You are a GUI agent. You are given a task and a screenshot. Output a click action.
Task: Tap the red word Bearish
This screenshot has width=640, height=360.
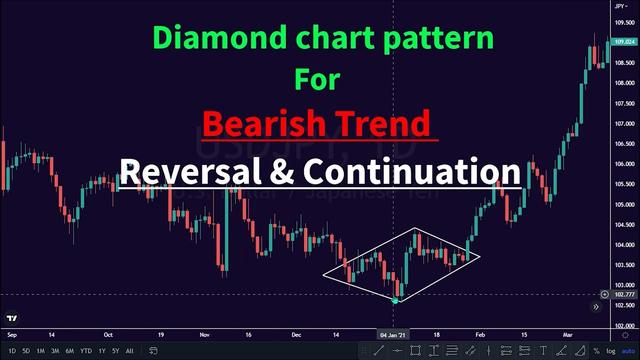pyautogui.click(x=263, y=124)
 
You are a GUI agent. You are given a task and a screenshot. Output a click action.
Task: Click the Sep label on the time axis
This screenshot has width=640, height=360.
pyautogui.click(x=12, y=336)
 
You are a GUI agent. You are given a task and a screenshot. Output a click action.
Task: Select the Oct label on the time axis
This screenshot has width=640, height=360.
pyautogui.click(x=108, y=336)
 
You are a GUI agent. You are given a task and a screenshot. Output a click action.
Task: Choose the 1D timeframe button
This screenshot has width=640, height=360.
pyautogui.click(x=12, y=351)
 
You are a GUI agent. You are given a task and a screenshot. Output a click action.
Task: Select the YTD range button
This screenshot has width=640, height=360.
pyautogui.click(x=86, y=351)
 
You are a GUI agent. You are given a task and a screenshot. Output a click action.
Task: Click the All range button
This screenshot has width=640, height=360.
pyautogui.click(x=129, y=351)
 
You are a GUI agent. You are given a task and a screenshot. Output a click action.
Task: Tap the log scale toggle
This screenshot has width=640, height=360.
pyautogui.click(x=609, y=351)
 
